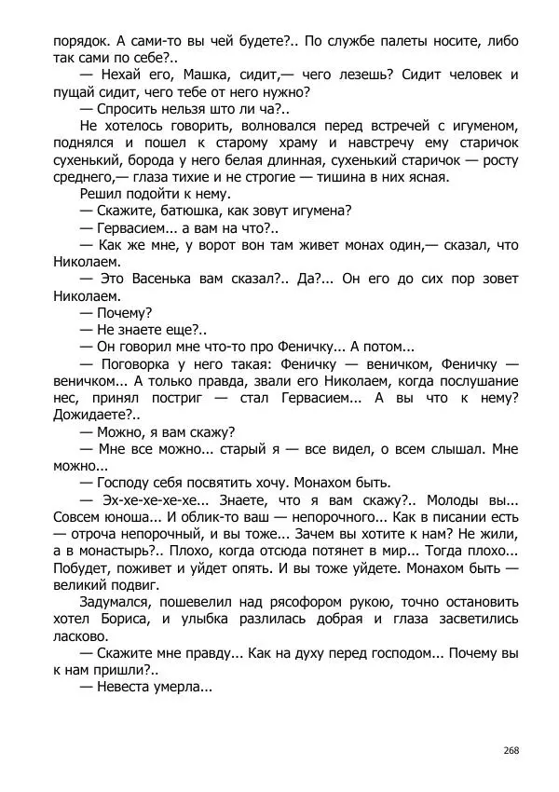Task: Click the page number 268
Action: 510,750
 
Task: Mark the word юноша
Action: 137,517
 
